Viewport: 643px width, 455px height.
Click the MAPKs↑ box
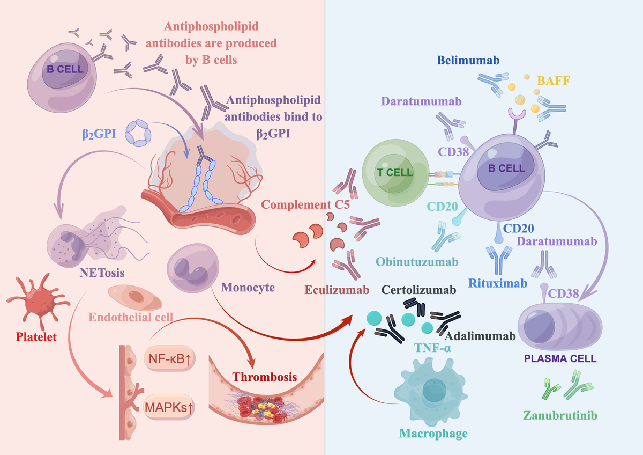coord(169,406)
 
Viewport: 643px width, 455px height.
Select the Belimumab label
coord(468,61)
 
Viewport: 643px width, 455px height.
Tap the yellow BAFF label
coord(553,81)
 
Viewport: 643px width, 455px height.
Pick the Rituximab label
coord(498,283)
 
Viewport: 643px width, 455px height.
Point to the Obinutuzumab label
coord(417,261)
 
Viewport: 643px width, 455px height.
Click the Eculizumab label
coord(337,290)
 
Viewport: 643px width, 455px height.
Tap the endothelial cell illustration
coord(131,296)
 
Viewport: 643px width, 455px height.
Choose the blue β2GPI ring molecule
coord(136,133)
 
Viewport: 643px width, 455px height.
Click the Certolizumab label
coord(419,290)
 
